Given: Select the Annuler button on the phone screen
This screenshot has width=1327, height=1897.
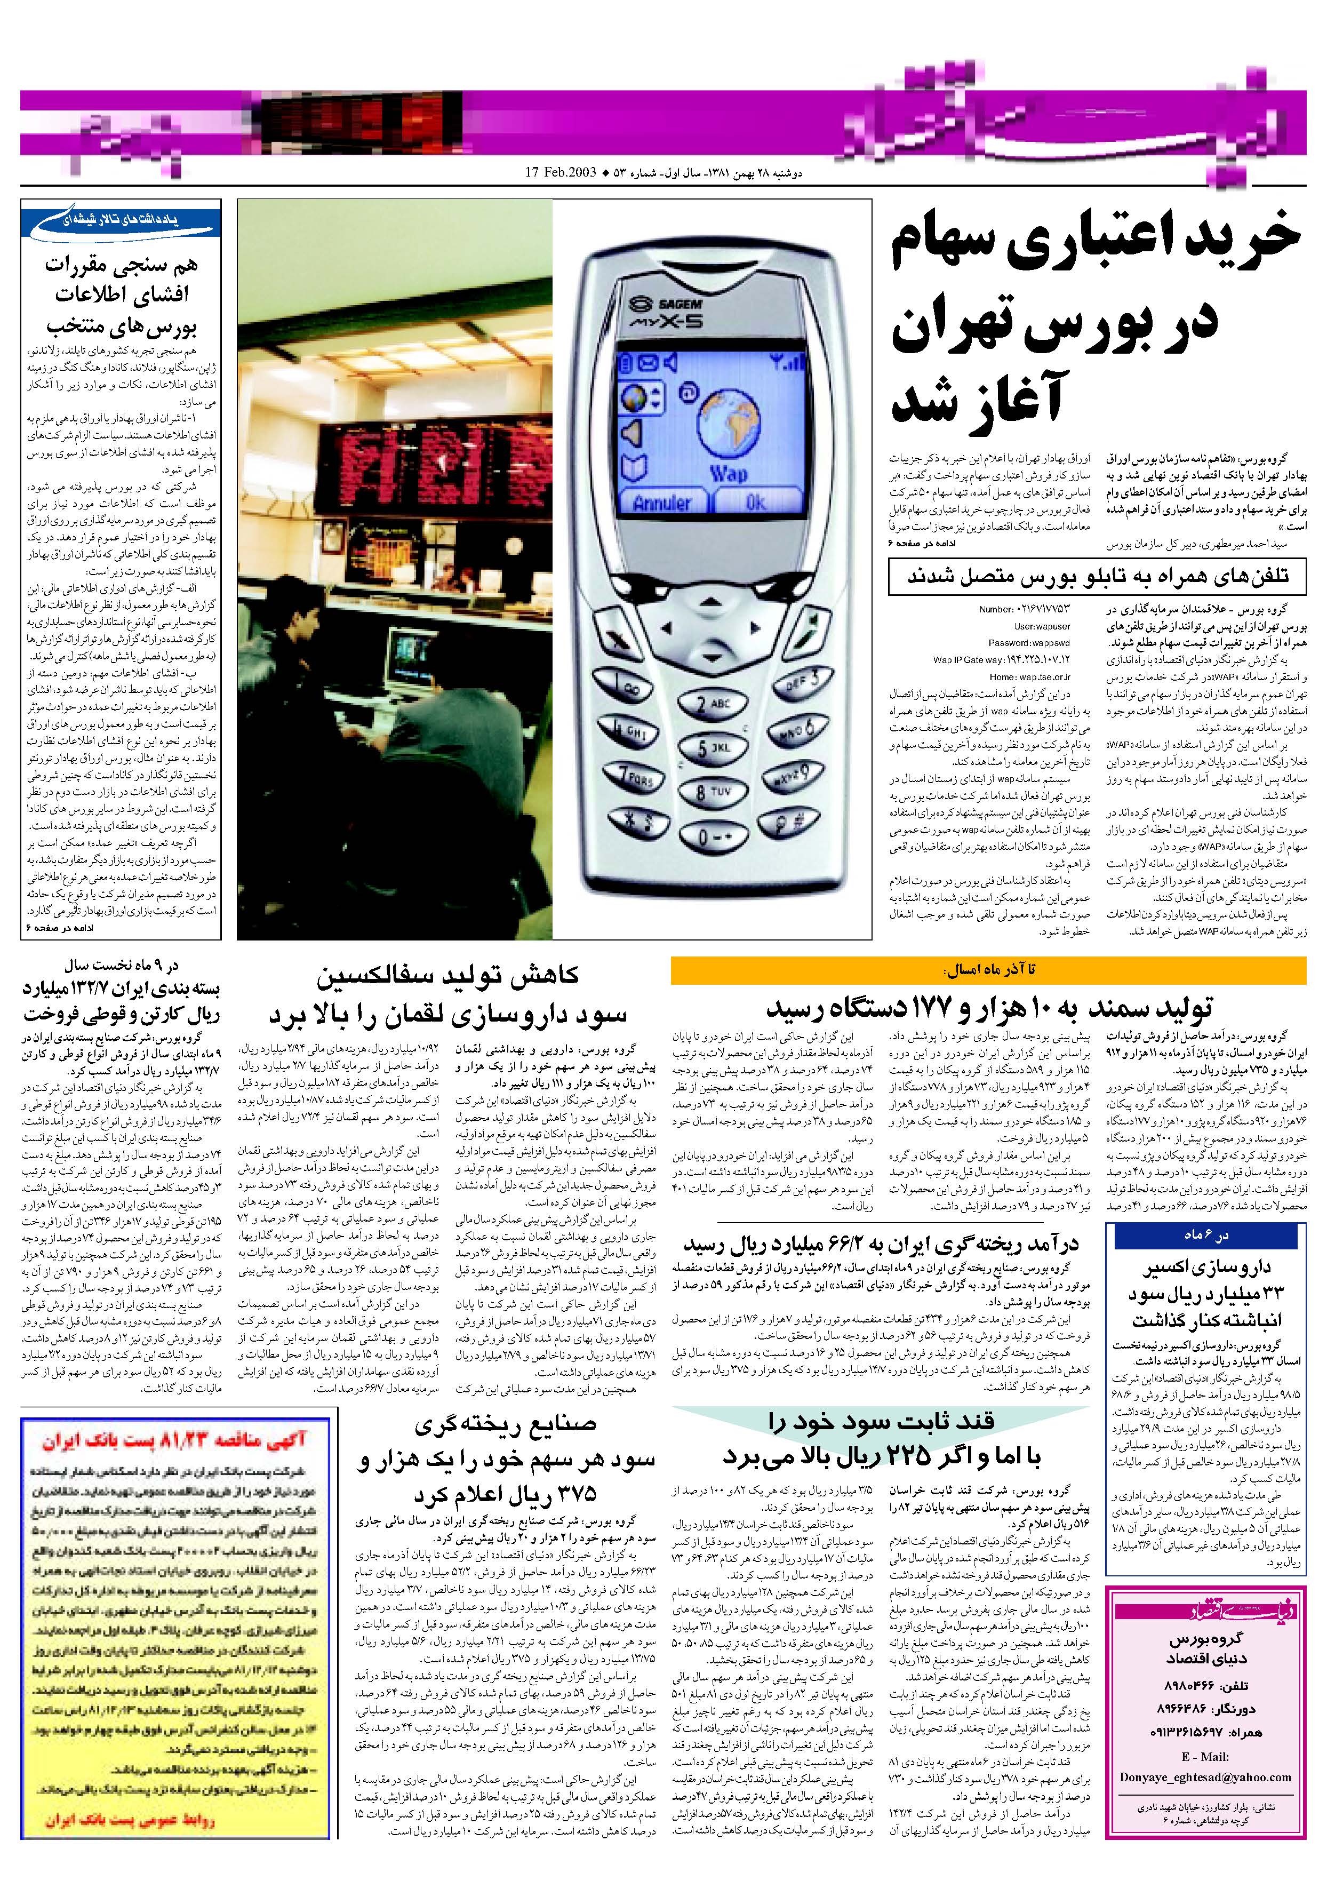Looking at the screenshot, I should (662, 503).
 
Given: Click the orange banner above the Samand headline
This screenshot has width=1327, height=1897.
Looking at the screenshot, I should (987, 970).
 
